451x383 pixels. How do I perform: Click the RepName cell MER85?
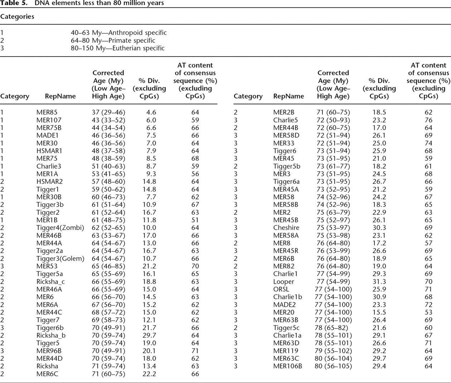(47, 112)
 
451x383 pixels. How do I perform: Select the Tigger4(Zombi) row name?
(60, 228)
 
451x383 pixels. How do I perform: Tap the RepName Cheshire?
(286, 228)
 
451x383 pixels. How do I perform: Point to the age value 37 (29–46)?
(108, 112)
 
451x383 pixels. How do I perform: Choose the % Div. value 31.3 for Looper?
(379, 281)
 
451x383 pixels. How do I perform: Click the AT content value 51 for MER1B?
(195, 220)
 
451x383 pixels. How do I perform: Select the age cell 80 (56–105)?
(333, 366)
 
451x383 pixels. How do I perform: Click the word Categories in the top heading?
(17, 16)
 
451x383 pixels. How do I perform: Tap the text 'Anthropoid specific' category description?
(137, 33)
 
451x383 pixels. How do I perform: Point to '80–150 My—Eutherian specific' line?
(118, 48)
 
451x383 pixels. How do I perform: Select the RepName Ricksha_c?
(50, 281)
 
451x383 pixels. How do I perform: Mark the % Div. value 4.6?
(151, 112)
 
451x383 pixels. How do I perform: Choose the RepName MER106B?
(287, 366)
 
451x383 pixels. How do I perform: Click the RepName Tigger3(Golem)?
(60, 258)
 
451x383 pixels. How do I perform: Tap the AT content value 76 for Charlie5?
(428, 120)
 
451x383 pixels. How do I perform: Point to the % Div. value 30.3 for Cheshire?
(379, 228)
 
